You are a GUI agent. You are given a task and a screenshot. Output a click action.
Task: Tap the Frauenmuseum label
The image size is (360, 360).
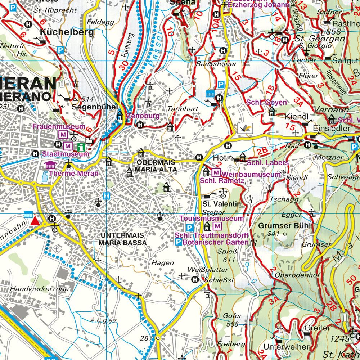[x=59, y=127]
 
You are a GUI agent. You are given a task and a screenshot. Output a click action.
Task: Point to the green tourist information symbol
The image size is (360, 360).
[x=81, y=147]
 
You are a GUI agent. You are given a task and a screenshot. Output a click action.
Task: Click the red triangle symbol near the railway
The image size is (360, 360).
[x=35, y=221]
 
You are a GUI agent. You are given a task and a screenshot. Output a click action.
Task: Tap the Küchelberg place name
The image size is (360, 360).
[x=67, y=32]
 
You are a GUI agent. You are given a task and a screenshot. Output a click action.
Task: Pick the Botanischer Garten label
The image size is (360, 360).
[x=216, y=242]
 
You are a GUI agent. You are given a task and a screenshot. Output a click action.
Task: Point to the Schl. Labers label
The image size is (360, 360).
[x=268, y=163]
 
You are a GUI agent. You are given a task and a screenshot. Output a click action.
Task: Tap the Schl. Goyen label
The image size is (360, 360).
[x=266, y=103]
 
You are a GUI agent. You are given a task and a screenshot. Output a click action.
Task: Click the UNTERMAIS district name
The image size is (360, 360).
[x=123, y=235]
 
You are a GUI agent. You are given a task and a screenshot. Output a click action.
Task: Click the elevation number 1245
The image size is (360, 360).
[x=340, y=338]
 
